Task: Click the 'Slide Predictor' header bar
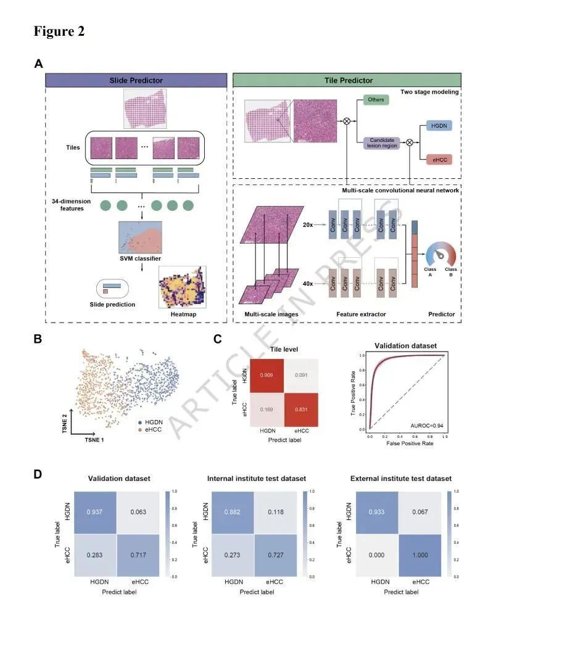[x=136, y=80]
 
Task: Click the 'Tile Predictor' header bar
[x=349, y=80]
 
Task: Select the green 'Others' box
[x=376, y=99]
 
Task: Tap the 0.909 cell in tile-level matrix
[x=267, y=375]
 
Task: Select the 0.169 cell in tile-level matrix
[x=267, y=409]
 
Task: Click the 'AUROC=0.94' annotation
[x=427, y=425]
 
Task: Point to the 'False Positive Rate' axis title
[x=406, y=443]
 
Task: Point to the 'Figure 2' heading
[x=59, y=31]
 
